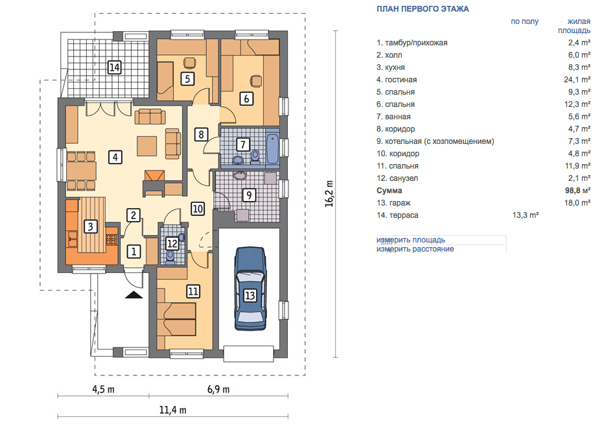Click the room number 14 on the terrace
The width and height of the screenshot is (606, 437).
(115, 67)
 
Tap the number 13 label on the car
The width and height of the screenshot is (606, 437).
(250, 296)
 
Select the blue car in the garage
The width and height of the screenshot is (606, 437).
(250, 289)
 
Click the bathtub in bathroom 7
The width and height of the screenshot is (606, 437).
(272, 148)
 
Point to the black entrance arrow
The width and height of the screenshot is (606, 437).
(134, 295)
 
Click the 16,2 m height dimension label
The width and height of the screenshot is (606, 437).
(329, 194)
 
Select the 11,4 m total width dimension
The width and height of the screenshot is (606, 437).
(173, 410)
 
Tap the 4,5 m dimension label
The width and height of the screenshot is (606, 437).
(103, 389)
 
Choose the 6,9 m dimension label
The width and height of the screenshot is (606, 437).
(218, 389)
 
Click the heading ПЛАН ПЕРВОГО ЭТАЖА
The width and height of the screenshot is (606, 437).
(423, 9)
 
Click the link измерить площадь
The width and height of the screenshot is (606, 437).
(411, 240)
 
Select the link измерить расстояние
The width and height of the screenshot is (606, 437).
(415, 249)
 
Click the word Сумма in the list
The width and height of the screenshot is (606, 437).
(389, 191)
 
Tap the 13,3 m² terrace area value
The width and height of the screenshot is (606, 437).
(526, 215)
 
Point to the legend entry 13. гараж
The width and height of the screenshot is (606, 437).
(393, 203)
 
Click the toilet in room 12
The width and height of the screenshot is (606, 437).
(170, 256)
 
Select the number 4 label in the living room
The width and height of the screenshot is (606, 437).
(115, 158)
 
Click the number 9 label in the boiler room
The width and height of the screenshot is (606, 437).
(249, 195)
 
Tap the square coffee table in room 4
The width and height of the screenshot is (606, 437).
(147, 146)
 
